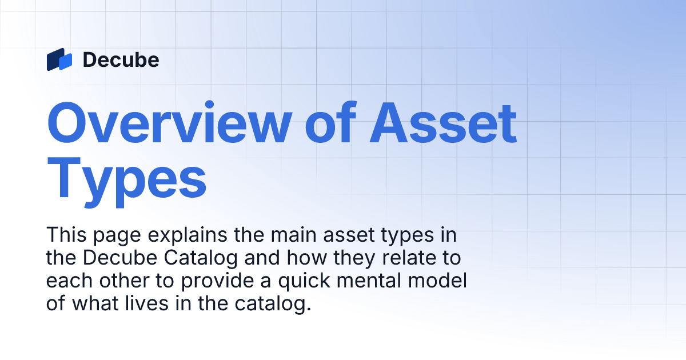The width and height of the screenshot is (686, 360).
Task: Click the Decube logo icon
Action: [59, 59]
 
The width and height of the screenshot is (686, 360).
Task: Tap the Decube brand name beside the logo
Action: [121, 59]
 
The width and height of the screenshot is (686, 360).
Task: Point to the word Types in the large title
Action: [126, 174]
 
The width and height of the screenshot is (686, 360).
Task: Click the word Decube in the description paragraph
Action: [119, 258]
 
